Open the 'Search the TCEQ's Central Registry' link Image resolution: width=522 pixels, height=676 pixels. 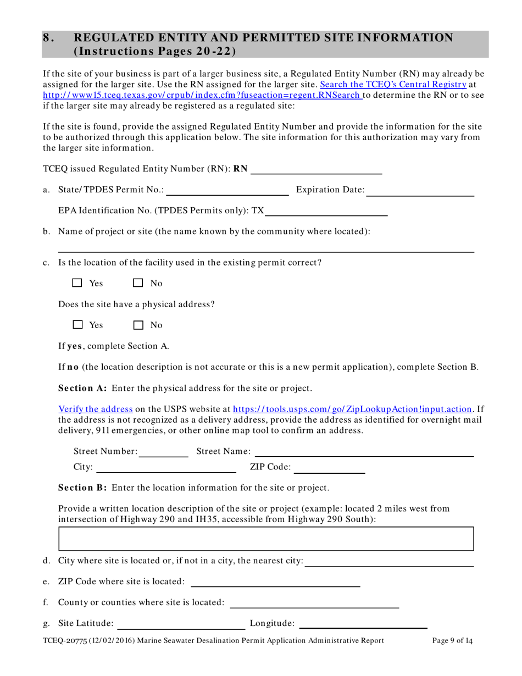pyautogui.click(x=393, y=85)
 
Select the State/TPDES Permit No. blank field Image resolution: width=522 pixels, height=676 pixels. pyautogui.click(x=227, y=190)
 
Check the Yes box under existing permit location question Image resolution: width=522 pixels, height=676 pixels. pyautogui.click(x=77, y=284)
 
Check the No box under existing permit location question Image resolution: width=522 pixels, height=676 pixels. pyautogui.click(x=138, y=284)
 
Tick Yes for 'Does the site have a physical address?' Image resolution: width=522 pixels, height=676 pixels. pyautogui.click(x=77, y=325)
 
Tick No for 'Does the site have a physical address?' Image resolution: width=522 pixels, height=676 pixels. pyautogui.click(x=138, y=325)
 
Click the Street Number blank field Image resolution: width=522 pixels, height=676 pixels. pyautogui.click(x=163, y=452)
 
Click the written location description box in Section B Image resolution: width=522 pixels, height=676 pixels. pyautogui.click(x=266, y=539)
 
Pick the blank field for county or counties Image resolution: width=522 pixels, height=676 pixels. pyautogui.click(x=314, y=603)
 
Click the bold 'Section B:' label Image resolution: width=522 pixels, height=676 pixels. pyautogui.click(x=83, y=487)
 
